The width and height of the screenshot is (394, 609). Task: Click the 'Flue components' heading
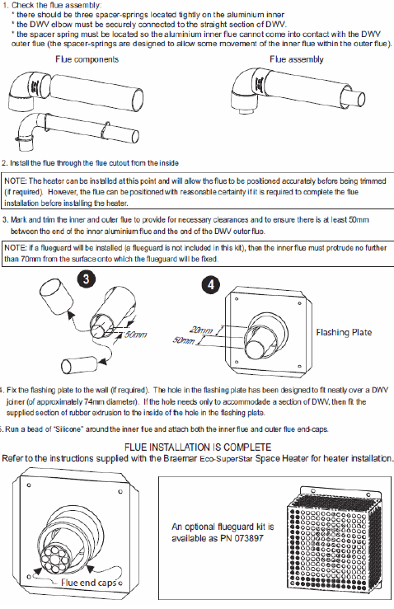tap(87, 59)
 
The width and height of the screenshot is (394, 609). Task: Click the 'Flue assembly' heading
tap(297, 59)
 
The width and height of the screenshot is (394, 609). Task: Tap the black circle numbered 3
tap(87, 279)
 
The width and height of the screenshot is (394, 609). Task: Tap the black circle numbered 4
tap(211, 285)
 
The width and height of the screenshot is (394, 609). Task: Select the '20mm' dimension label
tap(201, 330)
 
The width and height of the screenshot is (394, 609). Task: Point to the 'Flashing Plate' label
tap(344, 332)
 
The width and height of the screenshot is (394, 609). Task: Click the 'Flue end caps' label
tap(89, 583)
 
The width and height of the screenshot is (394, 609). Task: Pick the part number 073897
tap(249, 538)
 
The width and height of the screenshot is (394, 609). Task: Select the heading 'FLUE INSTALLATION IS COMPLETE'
tap(198, 447)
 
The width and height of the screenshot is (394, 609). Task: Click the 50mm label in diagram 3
tap(135, 335)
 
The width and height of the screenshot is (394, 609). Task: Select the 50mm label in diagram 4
tap(184, 340)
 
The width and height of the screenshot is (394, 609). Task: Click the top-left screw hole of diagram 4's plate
tap(237, 299)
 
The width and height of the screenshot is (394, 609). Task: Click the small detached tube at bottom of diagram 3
tap(79, 365)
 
